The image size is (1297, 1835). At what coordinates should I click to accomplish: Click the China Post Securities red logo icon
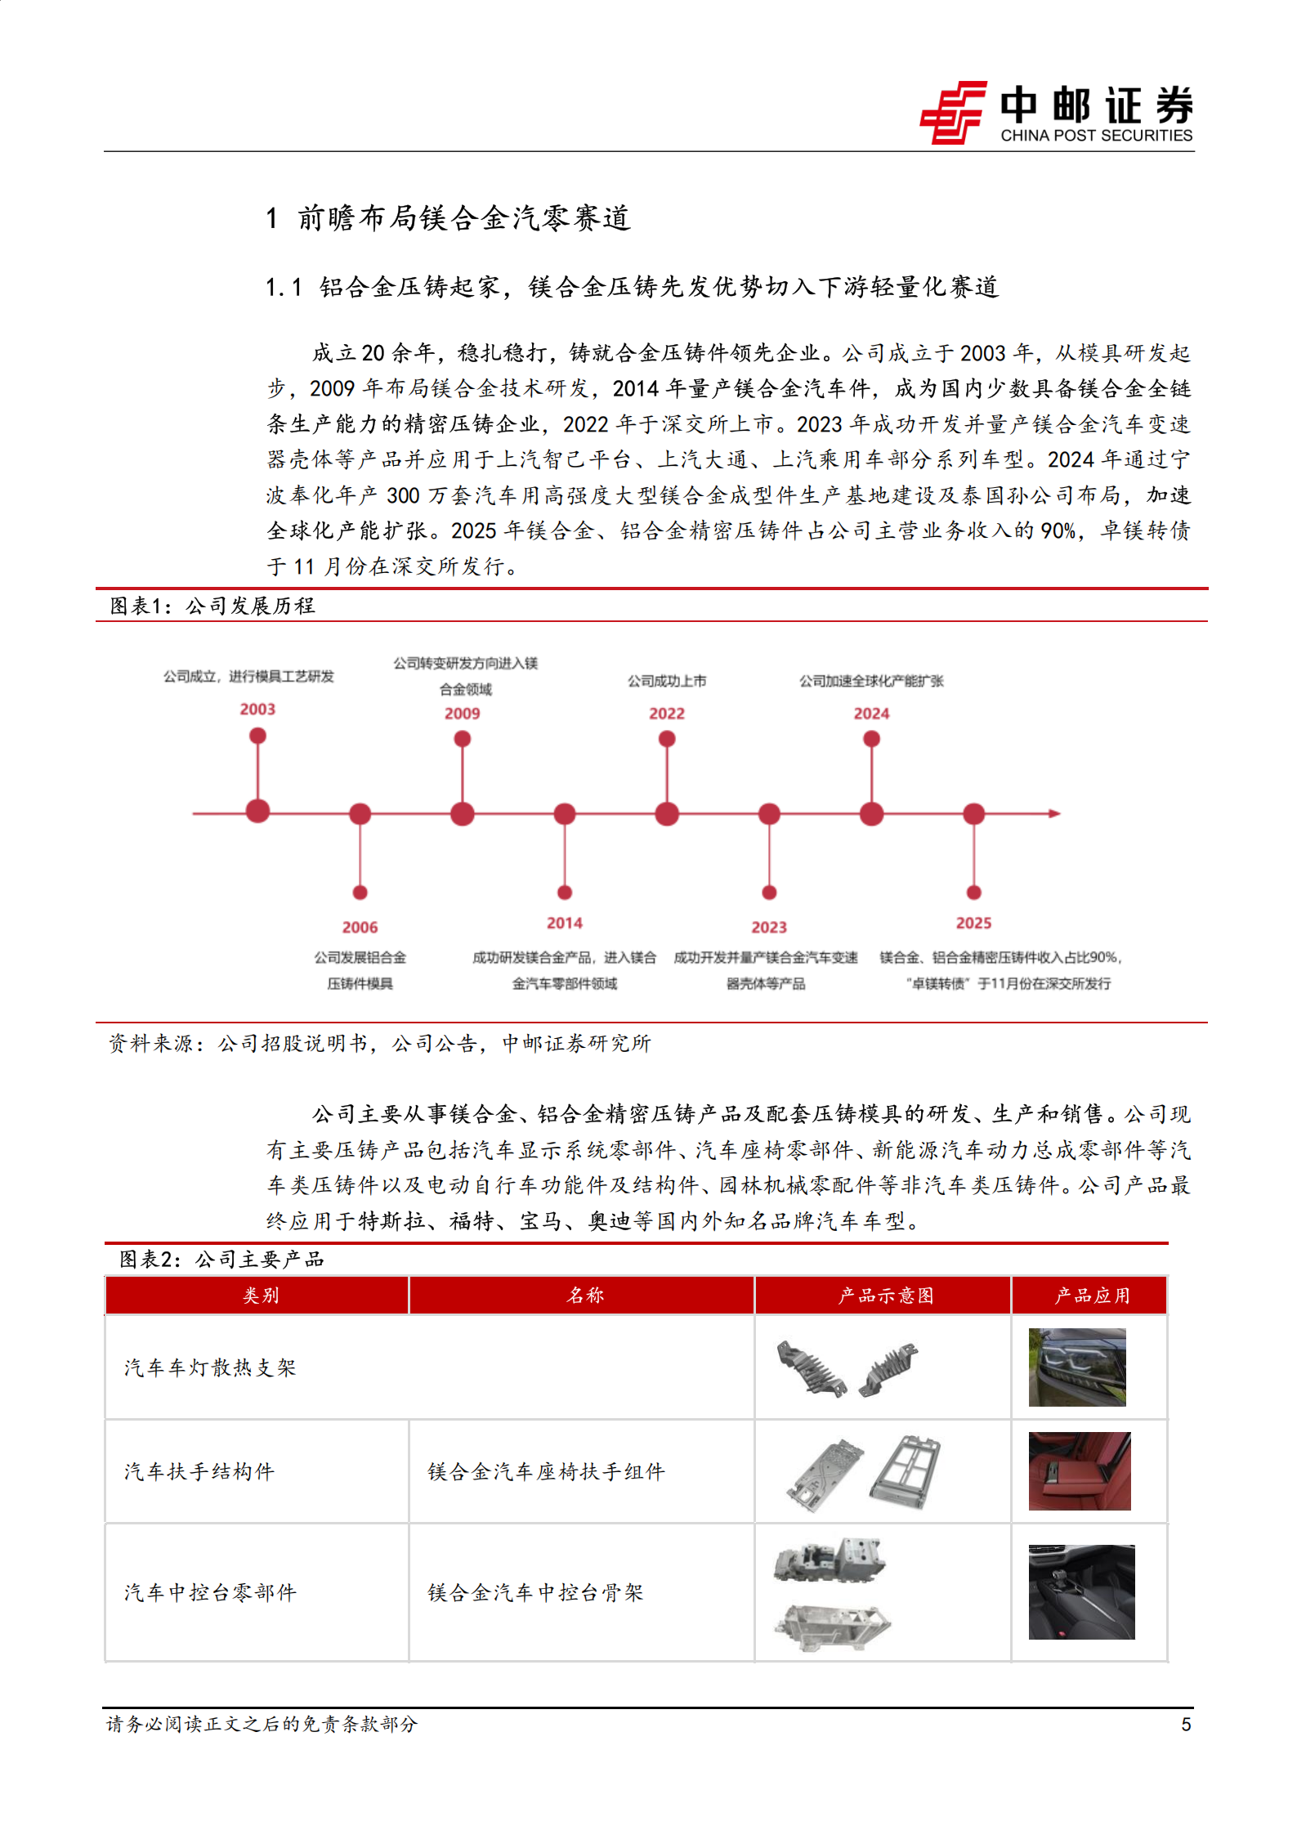point(953,113)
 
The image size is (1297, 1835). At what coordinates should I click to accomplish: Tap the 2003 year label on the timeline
point(257,709)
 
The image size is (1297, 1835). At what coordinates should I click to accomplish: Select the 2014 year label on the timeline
point(565,923)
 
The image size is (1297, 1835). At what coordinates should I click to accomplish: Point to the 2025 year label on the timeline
point(973,923)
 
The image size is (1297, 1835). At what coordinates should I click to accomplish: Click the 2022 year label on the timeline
point(667,714)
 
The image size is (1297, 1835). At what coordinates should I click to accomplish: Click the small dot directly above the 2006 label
point(360,893)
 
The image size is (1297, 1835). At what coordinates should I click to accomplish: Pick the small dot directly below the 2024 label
point(872,739)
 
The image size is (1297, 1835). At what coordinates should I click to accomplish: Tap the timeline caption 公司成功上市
point(667,681)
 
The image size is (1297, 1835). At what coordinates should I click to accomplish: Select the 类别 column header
point(261,1296)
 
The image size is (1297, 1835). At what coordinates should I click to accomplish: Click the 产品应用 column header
point(1092,1296)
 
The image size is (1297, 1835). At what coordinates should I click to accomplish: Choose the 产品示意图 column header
point(885,1296)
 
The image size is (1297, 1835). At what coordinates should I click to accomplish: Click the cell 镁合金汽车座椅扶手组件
point(546,1472)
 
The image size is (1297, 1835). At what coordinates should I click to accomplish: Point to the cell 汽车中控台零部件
point(210,1592)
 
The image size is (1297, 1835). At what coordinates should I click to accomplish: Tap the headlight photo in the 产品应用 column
point(1077,1367)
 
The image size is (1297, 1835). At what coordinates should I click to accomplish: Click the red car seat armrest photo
point(1080,1471)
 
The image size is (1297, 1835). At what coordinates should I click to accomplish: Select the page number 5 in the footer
point(1186,1725)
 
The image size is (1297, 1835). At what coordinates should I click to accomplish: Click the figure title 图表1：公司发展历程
point(212,606)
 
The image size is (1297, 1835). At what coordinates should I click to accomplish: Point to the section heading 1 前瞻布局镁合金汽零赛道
point(449,218)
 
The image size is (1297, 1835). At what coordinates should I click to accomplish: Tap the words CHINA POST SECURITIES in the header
point(1096,136)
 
